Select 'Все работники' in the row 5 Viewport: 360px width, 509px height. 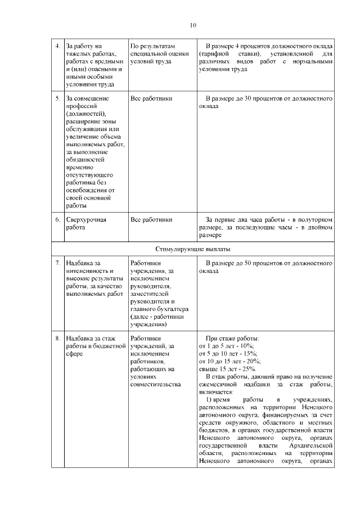click(151, 98)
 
